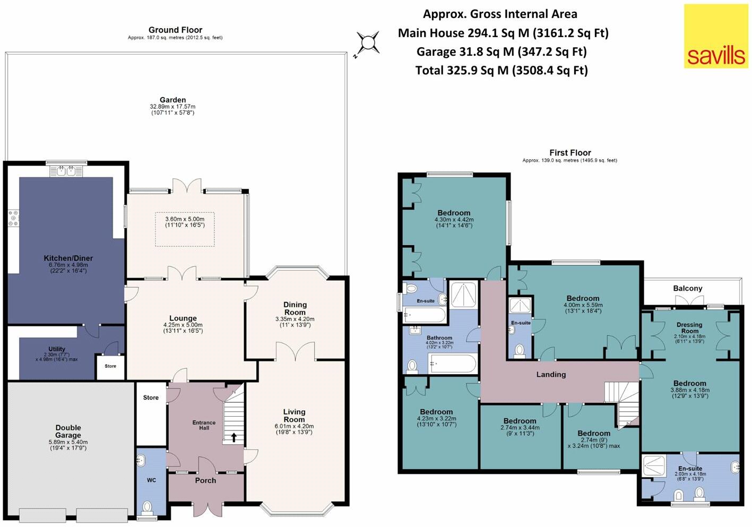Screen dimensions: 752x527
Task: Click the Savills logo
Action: click(716, 36)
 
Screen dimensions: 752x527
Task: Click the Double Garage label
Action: click(68, 431)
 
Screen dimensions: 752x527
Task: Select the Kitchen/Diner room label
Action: click(68, 258)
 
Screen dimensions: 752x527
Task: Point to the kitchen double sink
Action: click(66, 171)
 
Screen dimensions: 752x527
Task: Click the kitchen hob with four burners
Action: click(13, 218)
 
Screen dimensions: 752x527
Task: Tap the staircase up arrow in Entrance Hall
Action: click(234, 437)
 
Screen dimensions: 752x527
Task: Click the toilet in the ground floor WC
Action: click(147, 507)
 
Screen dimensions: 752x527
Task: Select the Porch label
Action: click(205, 480)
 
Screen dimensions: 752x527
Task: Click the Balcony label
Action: click(688, 288)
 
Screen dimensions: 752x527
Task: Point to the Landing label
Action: click(551, 374)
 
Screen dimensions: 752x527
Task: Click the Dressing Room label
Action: click(689, 327)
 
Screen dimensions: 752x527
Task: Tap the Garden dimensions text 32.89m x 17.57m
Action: click(172, 106)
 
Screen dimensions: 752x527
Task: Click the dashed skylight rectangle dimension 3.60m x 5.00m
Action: click(185, 222)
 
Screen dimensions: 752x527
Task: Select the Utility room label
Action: click(56, 349)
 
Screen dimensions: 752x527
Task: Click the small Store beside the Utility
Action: click(110, 366)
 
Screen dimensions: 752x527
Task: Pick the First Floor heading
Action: click(570, 153)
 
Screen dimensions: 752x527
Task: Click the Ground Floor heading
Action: click(175, 30)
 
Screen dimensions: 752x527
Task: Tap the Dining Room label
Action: click(295, 308)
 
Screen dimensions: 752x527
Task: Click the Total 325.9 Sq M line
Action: click(502, 71)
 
